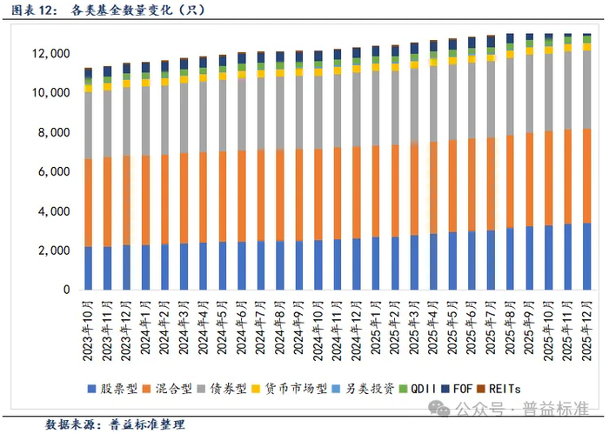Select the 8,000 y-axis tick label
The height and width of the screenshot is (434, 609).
tap(53, 133)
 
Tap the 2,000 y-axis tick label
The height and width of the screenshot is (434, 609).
tap(53, 250)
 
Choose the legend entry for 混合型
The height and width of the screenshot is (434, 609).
tap(177, 388)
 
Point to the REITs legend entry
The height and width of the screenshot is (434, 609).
tap(541, 388)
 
